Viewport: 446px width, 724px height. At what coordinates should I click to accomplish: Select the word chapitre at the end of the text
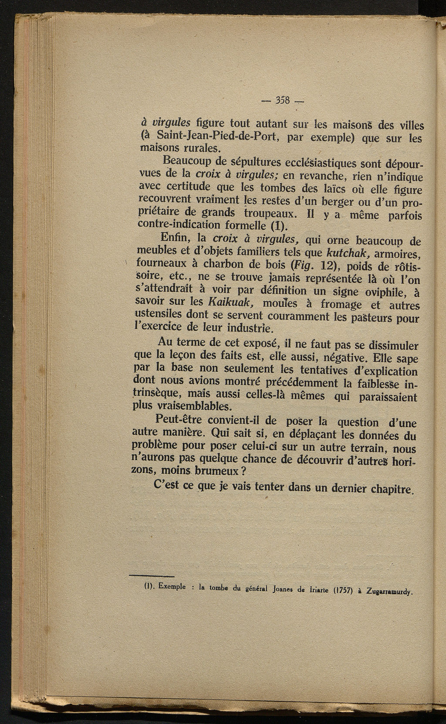pos(391,489)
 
